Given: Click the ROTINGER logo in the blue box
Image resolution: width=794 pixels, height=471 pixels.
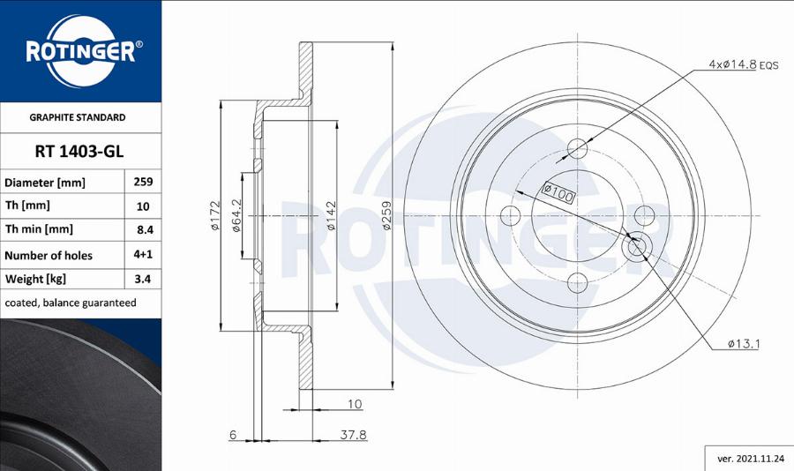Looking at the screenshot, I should (80, 50).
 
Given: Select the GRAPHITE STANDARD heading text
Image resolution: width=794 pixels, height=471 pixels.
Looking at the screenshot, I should (78, 117).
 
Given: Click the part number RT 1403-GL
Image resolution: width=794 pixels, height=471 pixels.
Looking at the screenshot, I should (79, 151).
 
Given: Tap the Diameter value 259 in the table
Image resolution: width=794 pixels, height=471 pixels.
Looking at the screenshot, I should (142, 182).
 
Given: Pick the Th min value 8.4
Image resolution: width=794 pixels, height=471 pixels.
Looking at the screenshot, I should (142, 229).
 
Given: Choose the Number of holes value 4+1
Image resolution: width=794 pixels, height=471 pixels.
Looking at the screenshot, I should (142, 254).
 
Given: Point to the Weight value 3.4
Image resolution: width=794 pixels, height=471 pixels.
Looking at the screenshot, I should (142, 279).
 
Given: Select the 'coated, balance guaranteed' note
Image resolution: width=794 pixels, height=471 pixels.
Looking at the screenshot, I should (71, 303).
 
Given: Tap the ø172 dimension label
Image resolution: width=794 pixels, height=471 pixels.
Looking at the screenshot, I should (214, 216).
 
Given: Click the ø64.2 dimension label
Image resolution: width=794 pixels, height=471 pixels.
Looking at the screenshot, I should (237, 215).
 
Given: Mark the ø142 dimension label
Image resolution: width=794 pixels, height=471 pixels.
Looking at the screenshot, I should (332, 216).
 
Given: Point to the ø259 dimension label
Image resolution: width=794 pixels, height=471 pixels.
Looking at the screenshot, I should (386, 216).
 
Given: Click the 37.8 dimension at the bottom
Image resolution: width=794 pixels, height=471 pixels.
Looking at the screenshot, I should (354, 435).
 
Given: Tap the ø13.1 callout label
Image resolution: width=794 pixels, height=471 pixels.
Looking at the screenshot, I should (744, 343).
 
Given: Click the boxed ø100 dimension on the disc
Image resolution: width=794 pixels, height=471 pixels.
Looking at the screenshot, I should (557, 191).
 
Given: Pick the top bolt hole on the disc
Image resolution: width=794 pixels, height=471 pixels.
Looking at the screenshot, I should (577, 147).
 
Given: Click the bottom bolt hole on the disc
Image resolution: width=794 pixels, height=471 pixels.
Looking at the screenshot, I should (577, 282).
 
